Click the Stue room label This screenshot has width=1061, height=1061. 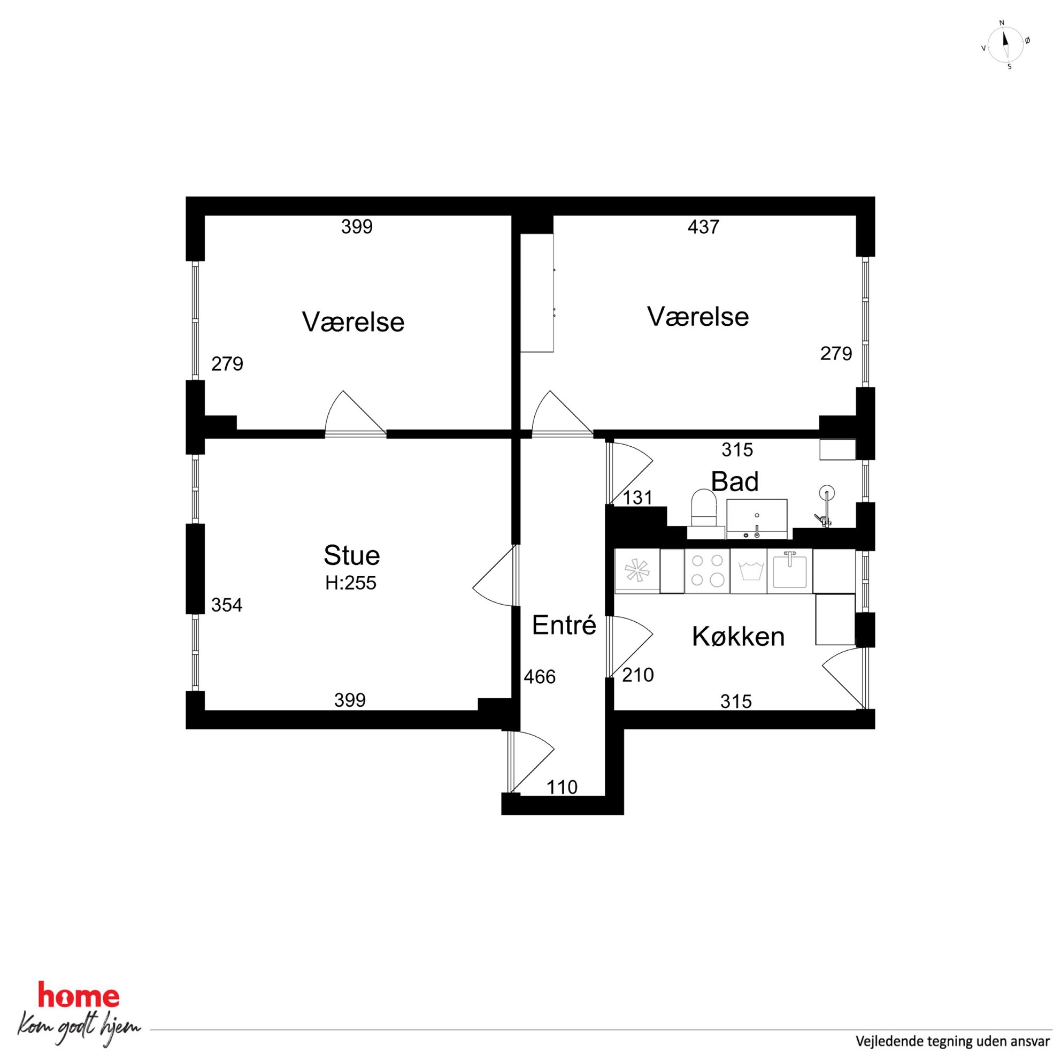tap(351, 555)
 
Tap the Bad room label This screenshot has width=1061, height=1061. tap(735, 482)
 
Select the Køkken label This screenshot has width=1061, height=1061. tap(738, 637)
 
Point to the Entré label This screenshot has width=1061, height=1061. tap(564, 625)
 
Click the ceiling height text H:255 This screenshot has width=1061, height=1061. tap(351, 583)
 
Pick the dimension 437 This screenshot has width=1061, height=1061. tap(703, 227)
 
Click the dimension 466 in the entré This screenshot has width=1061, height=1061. tap(540, 677)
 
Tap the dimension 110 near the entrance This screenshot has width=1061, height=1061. tap(563, 788)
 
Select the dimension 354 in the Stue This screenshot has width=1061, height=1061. tap(227, 605)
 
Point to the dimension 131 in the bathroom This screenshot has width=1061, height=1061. tap(637, 498)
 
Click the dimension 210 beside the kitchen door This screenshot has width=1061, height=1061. tap(637, 675)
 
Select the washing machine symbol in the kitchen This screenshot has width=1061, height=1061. tap(749, 571)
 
